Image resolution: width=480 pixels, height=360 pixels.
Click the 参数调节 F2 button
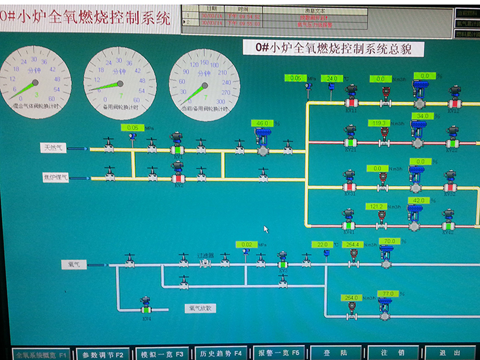[x=100, y=354]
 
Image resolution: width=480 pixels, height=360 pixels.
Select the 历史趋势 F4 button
[x=219, y=353]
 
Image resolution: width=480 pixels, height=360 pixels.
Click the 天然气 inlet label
[x=53, y=147]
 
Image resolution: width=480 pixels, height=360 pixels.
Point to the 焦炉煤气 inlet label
[x=55, y=177]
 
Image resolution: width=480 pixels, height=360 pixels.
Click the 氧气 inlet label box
[x=73, y=264]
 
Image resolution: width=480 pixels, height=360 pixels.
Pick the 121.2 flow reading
[x=376, y=206]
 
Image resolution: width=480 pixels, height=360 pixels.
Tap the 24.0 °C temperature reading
[x=332, y=79]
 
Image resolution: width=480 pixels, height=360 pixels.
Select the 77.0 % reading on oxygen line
[x=389, y=293]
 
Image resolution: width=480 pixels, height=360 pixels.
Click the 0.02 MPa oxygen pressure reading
[x=245, y=244]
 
